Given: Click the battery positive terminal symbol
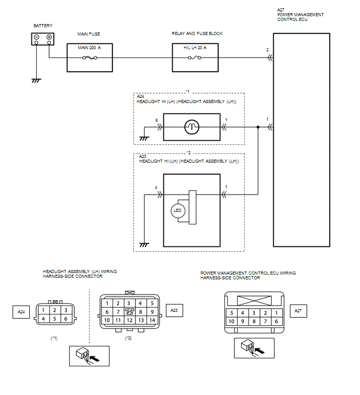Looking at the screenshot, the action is point(49,37).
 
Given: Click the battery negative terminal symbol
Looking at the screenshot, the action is point(37,37).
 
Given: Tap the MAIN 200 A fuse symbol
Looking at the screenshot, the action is point(89,58).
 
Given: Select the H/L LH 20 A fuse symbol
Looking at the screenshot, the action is point(195,58).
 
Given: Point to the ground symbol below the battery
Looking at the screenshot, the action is point(36,81).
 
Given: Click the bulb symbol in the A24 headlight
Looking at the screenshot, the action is point(192,127).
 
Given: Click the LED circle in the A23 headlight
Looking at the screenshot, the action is point(177,210).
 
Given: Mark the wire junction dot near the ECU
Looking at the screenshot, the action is point(258,127).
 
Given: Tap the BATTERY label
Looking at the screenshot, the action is point(43,26).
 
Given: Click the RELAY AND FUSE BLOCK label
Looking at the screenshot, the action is point(197,33).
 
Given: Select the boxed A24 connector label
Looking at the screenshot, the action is point(21,312).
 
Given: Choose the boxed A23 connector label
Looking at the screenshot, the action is point(174,310).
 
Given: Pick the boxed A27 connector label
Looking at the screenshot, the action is point(298,311).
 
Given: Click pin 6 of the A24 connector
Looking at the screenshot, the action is point(66,319).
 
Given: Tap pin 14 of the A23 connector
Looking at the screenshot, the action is point(152,320).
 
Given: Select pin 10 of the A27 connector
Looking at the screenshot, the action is point(231,321).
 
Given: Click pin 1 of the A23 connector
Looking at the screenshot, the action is point(107,303).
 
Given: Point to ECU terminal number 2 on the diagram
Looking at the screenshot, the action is point(267,50).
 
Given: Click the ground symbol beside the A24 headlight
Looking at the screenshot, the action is point(144,139).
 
